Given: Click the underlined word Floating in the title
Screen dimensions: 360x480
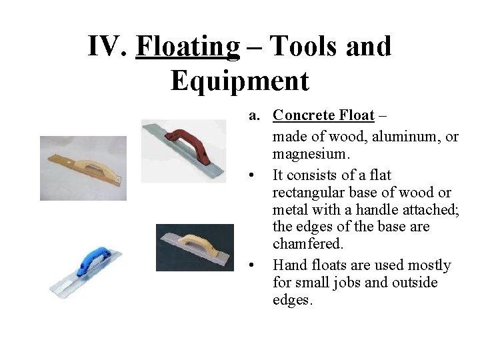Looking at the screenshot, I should pos(187,47).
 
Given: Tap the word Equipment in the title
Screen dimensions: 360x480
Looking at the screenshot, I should pos(240,81).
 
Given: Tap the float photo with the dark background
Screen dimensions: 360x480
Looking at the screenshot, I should pos(195,247).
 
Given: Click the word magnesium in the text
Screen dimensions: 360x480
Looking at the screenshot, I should pos(311,154).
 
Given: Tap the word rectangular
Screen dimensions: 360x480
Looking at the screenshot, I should pos(311,193).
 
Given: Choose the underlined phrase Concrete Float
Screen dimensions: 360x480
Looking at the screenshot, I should pos(323,115).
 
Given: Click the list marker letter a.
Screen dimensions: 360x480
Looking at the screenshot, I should pos(254,115).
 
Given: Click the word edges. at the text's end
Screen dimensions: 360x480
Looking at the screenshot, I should pos(292,300).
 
